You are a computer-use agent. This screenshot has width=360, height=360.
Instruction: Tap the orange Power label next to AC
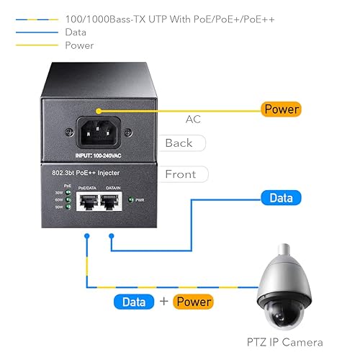(x=282, y=109)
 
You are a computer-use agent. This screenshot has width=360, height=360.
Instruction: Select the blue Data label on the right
(x=281, y=197)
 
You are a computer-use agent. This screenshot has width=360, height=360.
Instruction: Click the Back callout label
(x=179, y=143)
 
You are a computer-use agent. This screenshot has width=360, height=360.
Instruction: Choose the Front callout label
(x=180, y=174)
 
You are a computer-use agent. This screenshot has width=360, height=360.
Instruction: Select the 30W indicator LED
(x=68, y=192)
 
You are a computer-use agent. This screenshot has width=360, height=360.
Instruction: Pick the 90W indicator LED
(x=68, y=208)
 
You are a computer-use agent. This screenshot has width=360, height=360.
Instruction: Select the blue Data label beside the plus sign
(x=135, y=302)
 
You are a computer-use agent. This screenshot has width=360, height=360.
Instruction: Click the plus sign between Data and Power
(x=163, y=302)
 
